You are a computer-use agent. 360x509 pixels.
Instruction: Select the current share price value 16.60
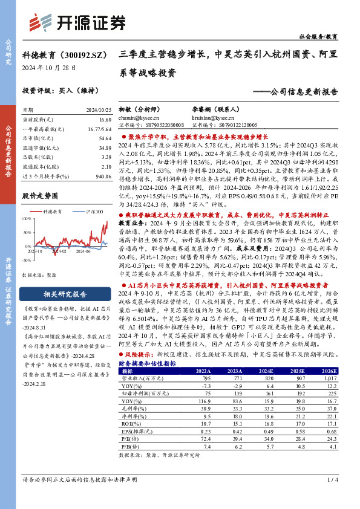(x=103, y=121)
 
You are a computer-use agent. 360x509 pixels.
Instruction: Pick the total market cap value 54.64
(x=103, y=138)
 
